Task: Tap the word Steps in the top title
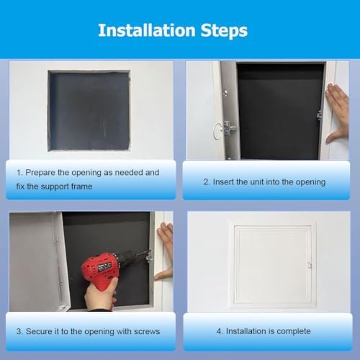tap(223, 30)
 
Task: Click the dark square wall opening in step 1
tap(89, 110)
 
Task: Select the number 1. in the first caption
tap(20, 173)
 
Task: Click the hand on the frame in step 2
tap(337, 112)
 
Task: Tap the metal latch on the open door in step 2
tap(229, 127)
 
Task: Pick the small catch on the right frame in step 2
tap(319, 114)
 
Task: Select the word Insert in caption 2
tap(225, 182)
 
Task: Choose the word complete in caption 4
tap(294, 331)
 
